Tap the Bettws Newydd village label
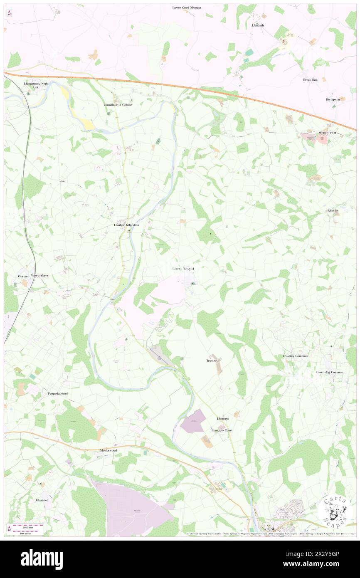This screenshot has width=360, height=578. pos(183,269)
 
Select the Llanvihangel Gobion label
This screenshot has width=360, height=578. pos(118,105)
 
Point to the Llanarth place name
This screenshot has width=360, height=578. pos(258,25)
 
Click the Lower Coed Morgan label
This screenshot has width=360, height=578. pos(187,7)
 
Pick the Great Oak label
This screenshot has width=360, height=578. pos(310,79)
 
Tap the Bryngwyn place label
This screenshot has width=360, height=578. pos(333,100)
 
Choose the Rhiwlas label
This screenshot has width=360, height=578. pos(333,210)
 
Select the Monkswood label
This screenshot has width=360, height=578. pos(108,450)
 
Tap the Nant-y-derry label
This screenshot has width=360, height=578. pos(40,276)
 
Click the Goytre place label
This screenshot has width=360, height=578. pos(22,276)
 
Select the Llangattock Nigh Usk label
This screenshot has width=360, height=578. pos(36,85)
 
